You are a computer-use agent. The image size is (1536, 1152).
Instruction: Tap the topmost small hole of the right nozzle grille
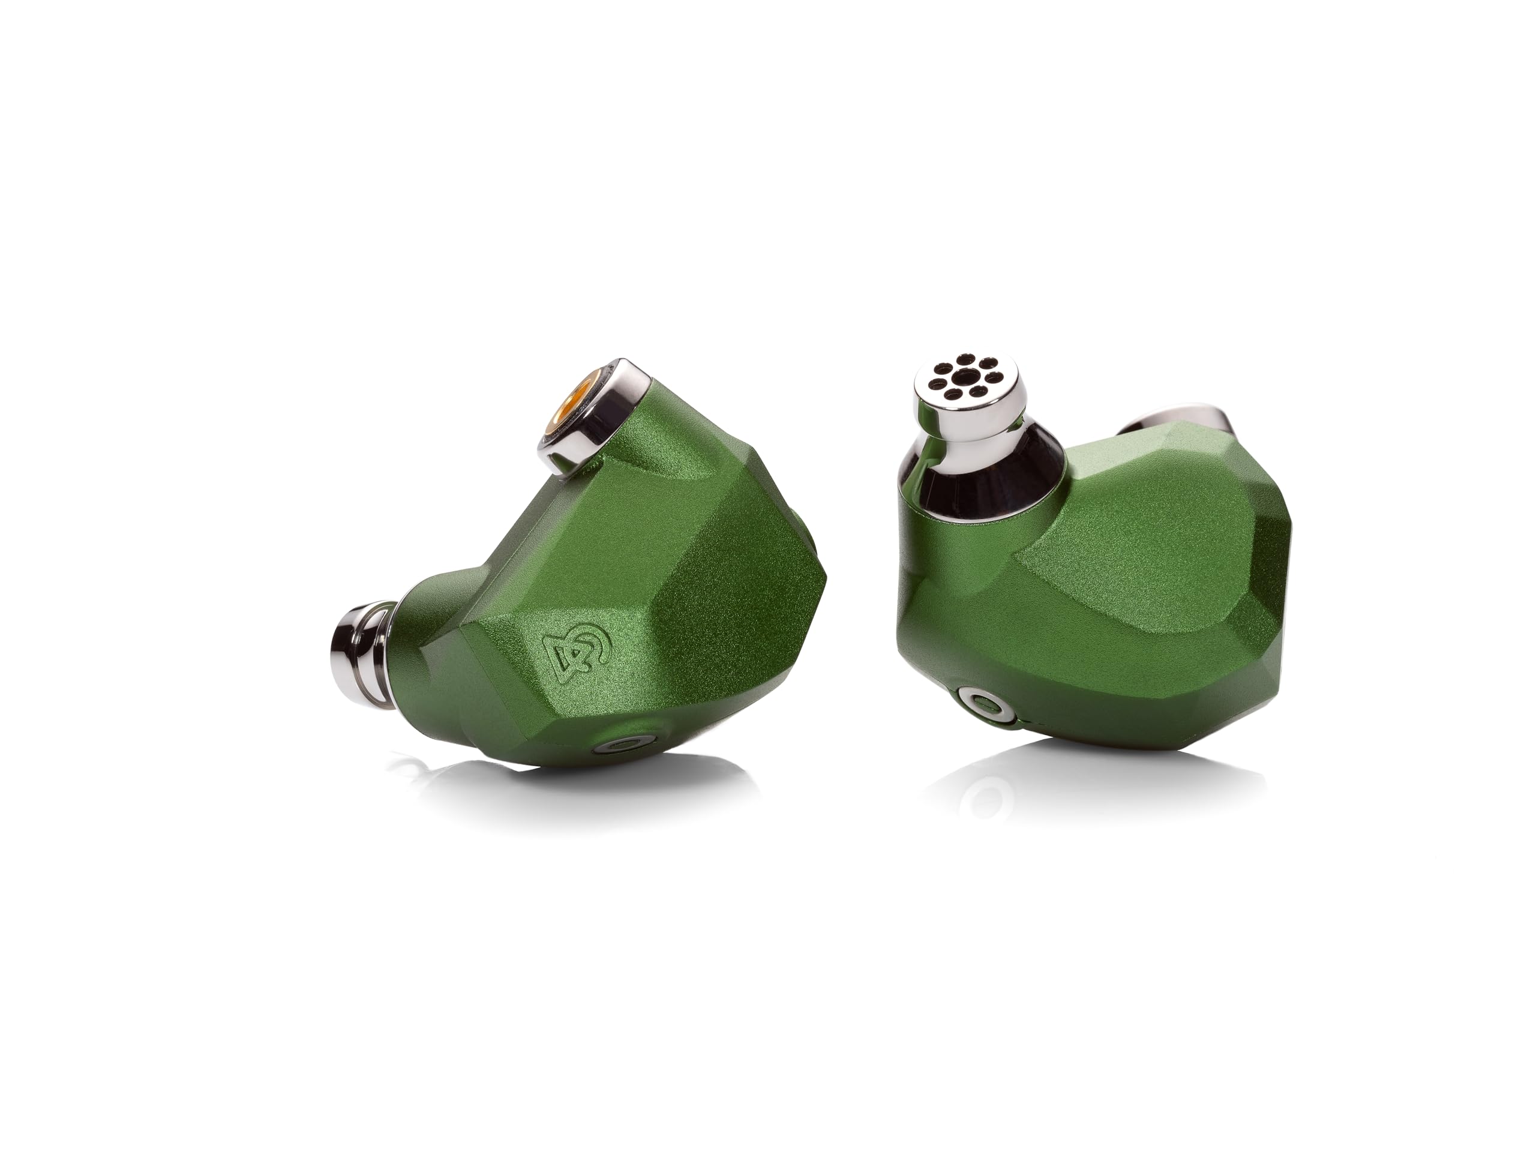click(x=966, y=358)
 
